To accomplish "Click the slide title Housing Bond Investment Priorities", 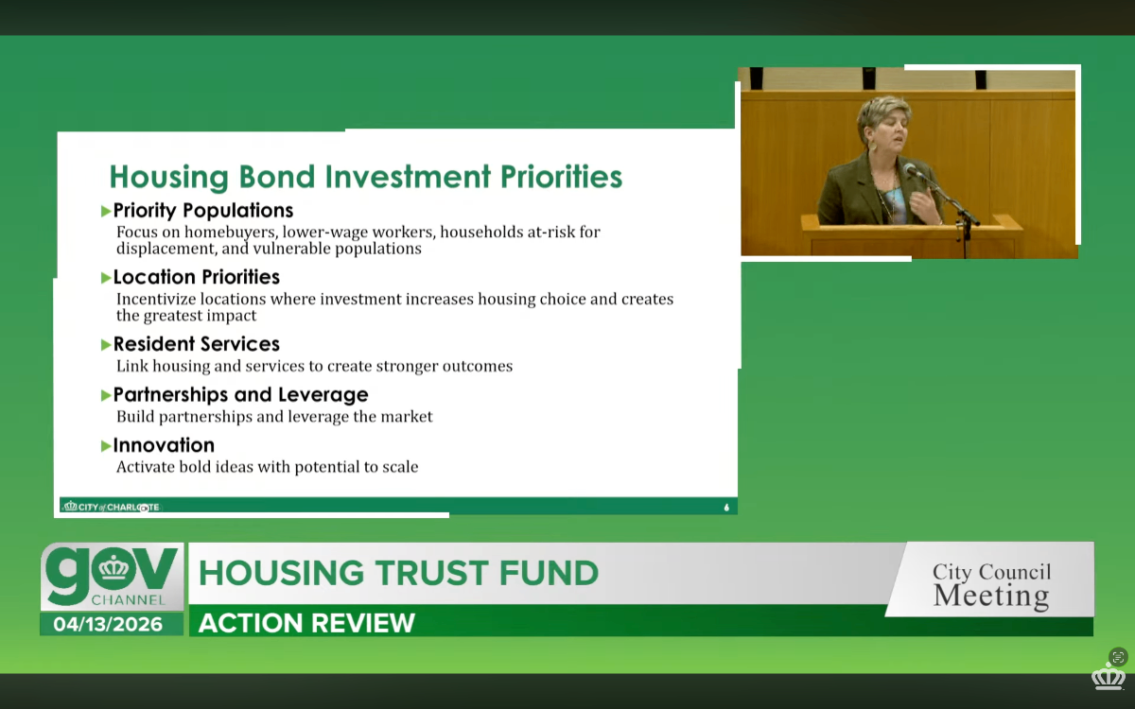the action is (x=366, y=177).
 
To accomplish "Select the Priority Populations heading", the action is (x=203, y=210).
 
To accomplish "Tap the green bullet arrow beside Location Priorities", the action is (x=106, y=278).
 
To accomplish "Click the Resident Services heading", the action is (x=196, y=344).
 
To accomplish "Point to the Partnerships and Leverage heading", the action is (x=240, y=394).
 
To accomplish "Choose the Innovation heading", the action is (x=164, y=445).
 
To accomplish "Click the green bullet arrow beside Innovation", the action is (x=106, y=446).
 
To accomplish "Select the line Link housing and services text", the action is (x=314, y=366).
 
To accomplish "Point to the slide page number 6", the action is (x=726, y=507).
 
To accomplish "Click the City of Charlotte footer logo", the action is (x=112, y=507).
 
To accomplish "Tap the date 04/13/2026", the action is (x=108, y=624).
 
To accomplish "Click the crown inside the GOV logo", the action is (x=114, y=569).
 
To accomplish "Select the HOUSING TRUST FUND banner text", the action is (x=398, y=573).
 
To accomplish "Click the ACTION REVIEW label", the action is (x=306, y=623).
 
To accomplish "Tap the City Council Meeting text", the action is (x=991, y=584).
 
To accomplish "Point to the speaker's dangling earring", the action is (x=873, y=144).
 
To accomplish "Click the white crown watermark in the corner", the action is (x=1108, y=676).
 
